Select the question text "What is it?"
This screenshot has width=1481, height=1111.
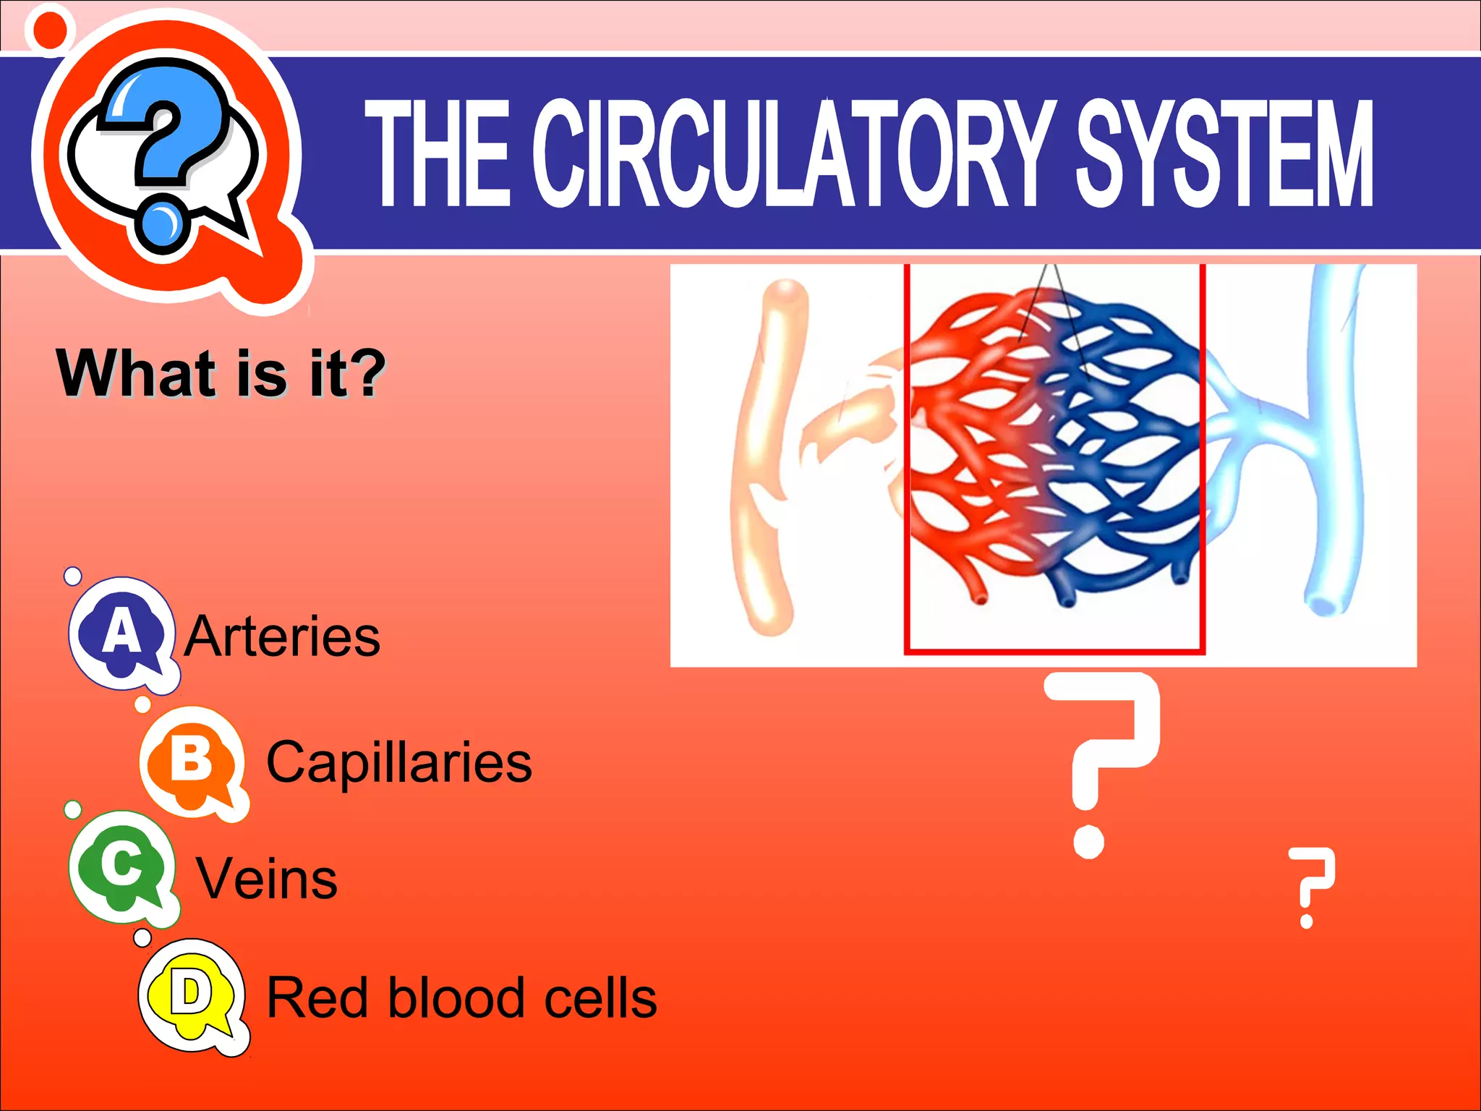[x=221, y=373]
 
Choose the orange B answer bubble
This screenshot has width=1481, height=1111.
[x=192, y=761]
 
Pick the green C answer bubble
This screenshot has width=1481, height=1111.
[x=121, y=865]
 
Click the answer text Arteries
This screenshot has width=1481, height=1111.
[x=282, y=637]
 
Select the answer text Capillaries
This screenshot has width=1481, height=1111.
[x=399, y=762]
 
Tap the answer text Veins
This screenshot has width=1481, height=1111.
[x=267, y=880]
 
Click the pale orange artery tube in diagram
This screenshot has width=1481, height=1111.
[x=767, y=463]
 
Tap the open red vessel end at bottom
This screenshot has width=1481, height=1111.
[x=980, y=599]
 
